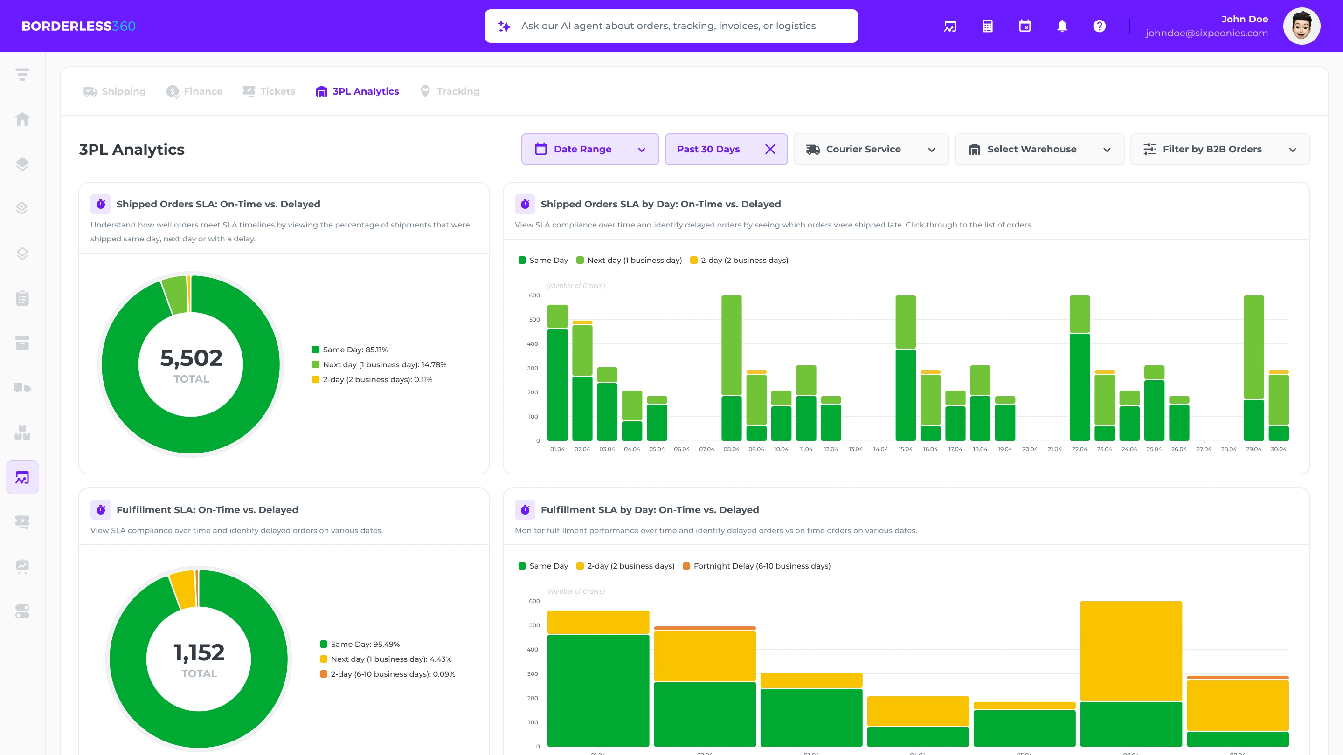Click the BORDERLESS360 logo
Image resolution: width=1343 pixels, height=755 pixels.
(x=78, y=26)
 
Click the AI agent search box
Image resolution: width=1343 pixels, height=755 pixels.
(x=671, y=26)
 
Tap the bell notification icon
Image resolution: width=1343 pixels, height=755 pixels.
(x=1061, y=26)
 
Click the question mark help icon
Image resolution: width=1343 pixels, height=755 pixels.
(x=1099, y=26)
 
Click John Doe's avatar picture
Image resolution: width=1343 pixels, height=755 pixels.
(x=1301, y=26)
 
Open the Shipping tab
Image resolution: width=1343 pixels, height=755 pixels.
(x=115, y=92)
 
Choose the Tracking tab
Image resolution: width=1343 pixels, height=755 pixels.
(x=450, y=92)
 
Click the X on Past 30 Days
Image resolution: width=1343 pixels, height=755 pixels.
(x=769, y=150)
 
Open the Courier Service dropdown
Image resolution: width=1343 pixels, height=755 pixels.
(x=871, y=150)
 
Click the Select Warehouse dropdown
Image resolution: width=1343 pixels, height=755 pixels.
(x=1039, y=150)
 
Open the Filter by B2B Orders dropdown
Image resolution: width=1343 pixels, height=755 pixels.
(x=1219, y=150)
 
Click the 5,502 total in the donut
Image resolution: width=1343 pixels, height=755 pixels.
(x=191, y=358)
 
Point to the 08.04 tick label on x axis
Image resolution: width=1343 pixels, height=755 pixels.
(x=731, y=449)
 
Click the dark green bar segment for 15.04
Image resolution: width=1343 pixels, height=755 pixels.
(x=905, y=395)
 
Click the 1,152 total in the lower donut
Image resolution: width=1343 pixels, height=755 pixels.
(x=199, y=653)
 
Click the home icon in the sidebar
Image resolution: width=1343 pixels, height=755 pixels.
(x=22, y=119)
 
